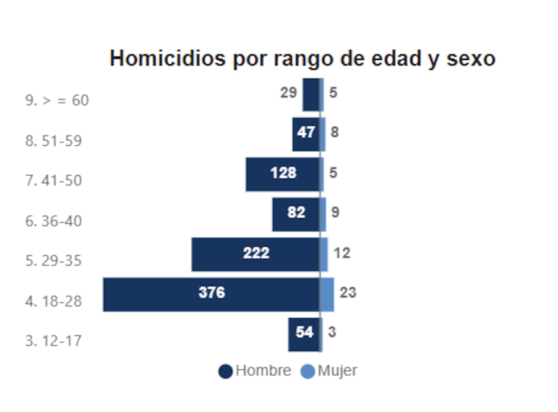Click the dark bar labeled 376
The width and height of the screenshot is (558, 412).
point(211,294)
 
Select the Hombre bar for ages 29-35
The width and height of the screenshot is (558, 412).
point(255,254)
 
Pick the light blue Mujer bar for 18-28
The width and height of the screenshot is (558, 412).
point(327,294)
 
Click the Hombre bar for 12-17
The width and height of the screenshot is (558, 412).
point(304,334)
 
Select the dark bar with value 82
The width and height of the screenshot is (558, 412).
point(296,214)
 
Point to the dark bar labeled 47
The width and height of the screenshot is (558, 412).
point(306,134)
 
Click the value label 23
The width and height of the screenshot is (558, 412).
point(348,293)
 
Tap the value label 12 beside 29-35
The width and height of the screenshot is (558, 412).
point(342,253)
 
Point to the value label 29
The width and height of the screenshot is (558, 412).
point(288,93)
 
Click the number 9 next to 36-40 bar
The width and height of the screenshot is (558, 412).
point(335,213)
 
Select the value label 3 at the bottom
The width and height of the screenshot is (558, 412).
point(332,332)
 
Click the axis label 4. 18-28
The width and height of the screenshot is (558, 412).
point(54,301)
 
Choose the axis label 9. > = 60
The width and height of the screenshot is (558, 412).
point(57,101)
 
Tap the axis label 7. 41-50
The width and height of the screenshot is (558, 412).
point(54,180)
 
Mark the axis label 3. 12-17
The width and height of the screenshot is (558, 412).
point(54,341)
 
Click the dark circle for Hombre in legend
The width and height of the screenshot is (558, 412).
point(225,371)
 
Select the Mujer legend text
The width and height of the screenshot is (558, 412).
point(337,371)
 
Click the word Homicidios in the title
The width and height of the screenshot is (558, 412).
point(168,59)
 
